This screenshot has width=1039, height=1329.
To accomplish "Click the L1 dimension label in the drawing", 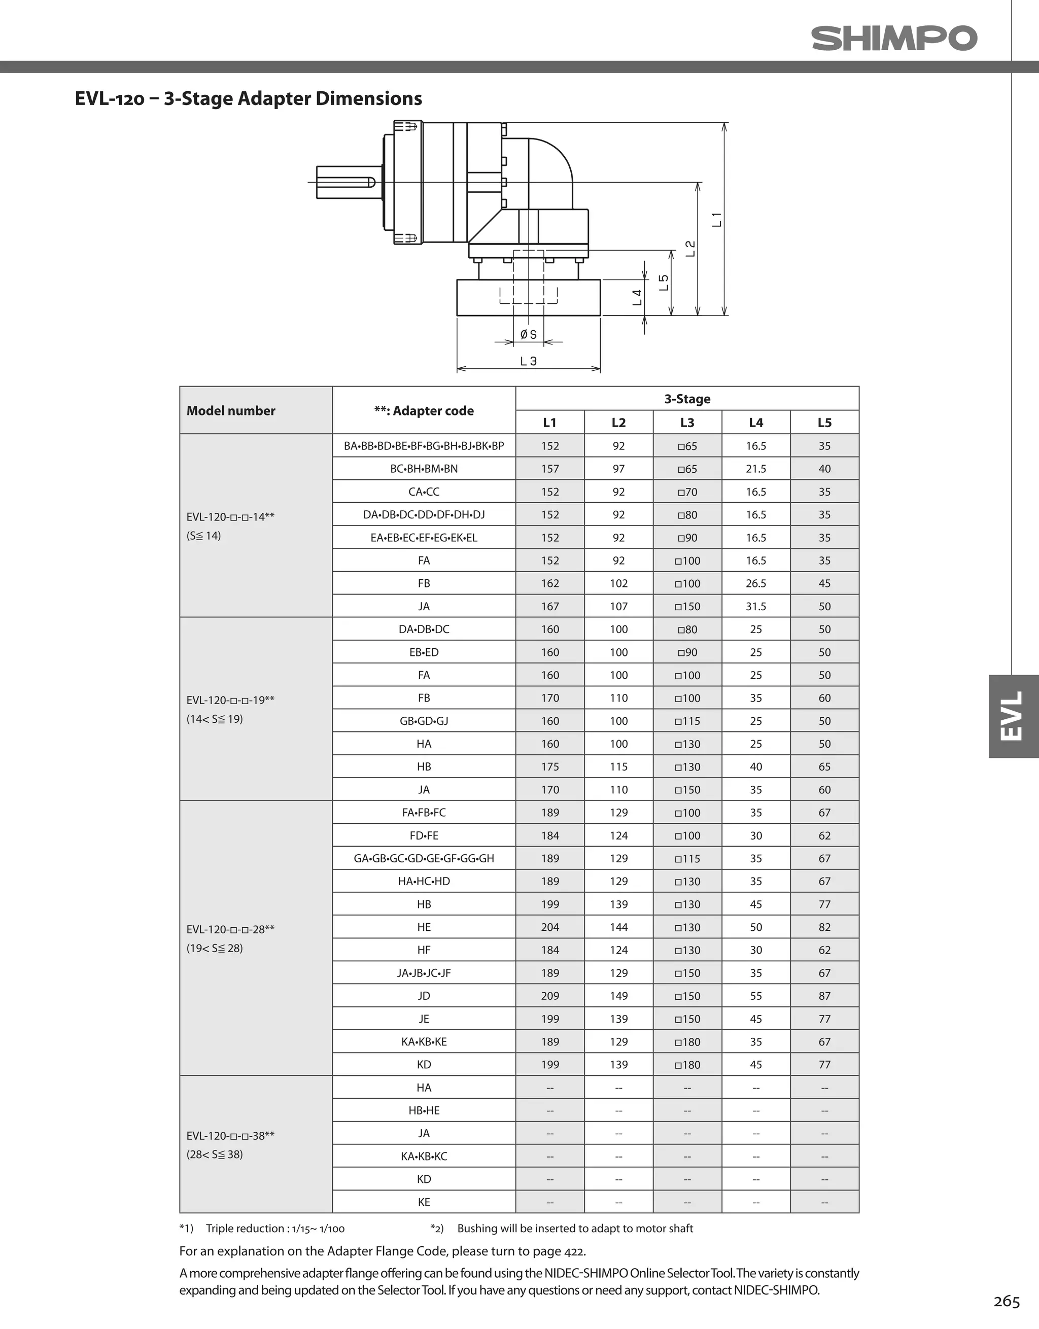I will (717, 220).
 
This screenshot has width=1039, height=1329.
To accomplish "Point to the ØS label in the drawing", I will (528, 335).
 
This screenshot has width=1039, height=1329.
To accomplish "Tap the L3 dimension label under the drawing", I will (528, 361).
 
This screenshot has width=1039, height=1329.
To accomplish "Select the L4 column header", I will (755, 423).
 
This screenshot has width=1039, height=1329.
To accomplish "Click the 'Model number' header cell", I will (231, 411).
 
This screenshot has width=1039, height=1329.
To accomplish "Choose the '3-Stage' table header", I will (687, 399).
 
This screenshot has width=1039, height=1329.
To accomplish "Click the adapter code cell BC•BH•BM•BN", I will (424, 469).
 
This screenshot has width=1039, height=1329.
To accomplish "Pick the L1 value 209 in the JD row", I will (549, 996).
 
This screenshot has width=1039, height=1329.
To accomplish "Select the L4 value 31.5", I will (755, 606).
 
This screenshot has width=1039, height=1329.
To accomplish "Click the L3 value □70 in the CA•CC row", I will (687, 492).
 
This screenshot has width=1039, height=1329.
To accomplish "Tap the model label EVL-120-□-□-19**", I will (231, 700).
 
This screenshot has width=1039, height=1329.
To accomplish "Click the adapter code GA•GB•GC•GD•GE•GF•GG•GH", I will (424, 858).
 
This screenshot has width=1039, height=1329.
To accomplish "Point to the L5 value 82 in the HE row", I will (824, 927).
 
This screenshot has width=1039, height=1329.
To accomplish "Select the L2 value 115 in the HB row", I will (618, 767).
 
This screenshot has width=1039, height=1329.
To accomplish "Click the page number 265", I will (1006, 1301).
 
